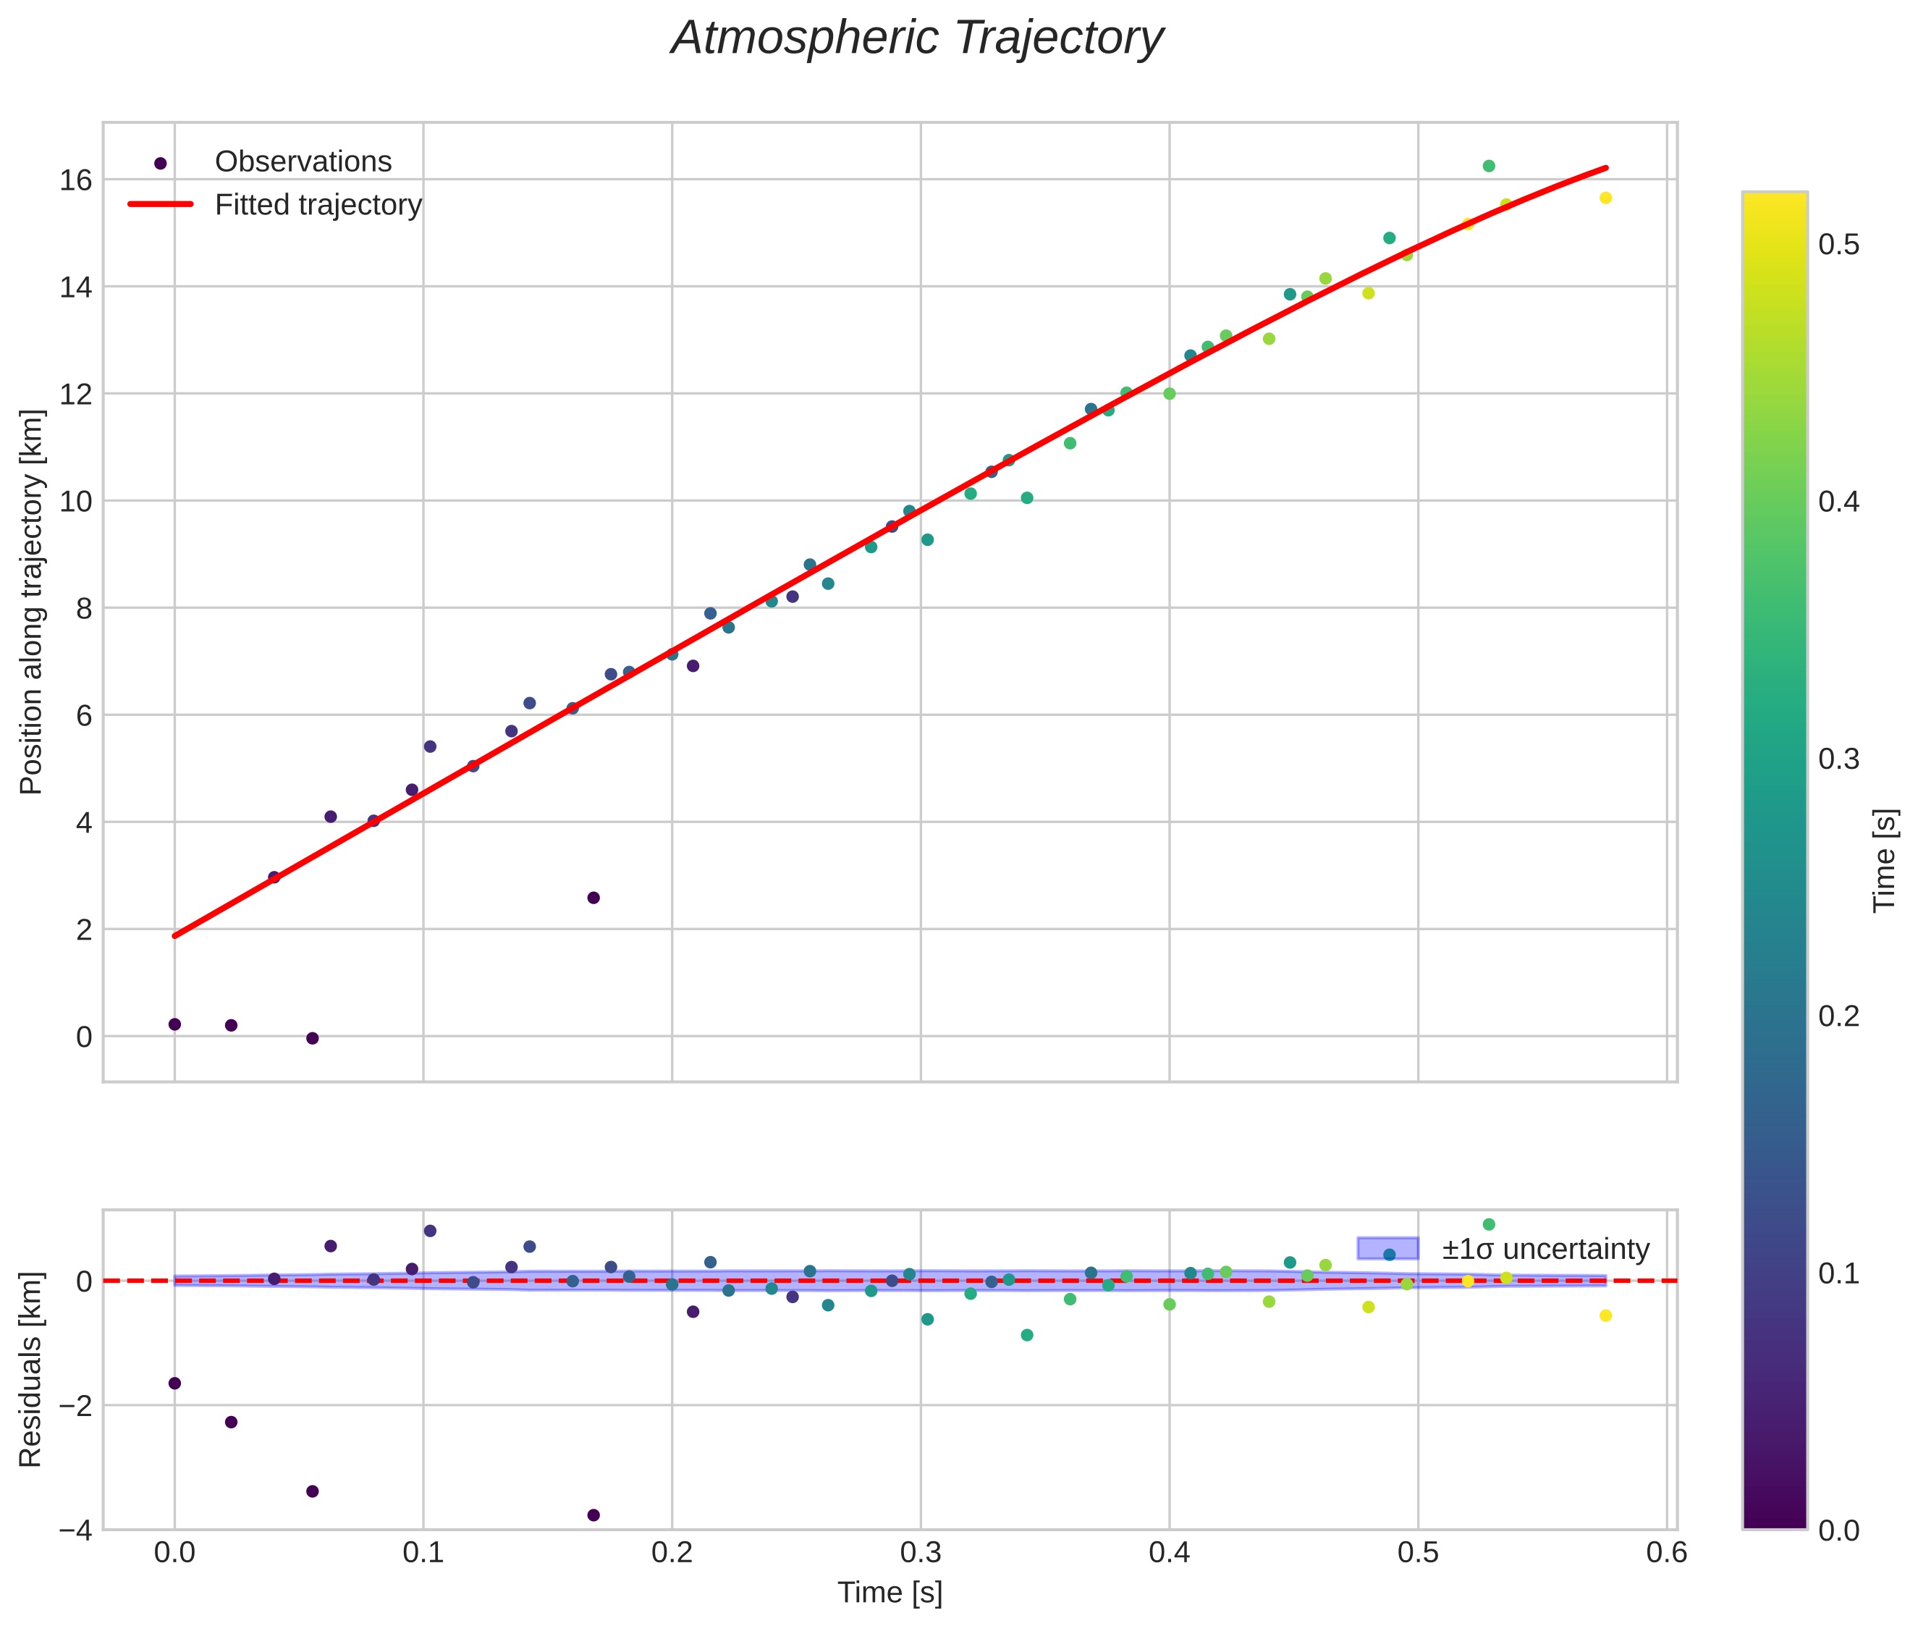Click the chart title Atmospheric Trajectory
917,38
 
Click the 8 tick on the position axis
84,608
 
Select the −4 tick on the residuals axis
75,1530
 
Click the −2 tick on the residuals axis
75,1406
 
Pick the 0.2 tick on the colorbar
1838,1016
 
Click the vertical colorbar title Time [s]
1884,861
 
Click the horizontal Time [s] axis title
890,1593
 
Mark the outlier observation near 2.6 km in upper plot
593,898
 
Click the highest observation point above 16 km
1489,166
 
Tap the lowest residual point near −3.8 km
593,1515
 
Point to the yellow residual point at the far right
1605,1315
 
